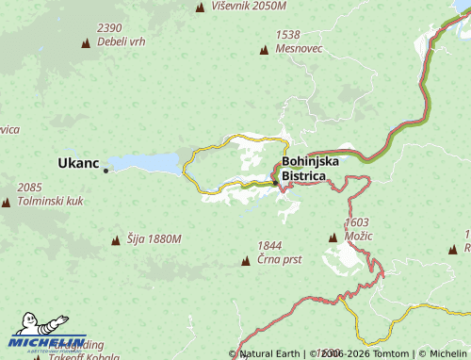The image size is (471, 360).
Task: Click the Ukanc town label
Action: (78, 162)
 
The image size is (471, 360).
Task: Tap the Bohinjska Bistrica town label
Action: (310, 169)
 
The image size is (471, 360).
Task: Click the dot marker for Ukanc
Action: (106, 171)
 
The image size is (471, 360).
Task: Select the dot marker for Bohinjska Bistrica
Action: (275, 183)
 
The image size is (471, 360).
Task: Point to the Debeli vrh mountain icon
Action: (87, 42)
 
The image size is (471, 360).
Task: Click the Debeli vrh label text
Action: (120, 42)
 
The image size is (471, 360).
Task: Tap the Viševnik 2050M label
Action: (249, 7)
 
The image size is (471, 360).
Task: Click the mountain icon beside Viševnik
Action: (200, 8)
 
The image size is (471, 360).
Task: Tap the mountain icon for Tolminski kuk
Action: (7, 202)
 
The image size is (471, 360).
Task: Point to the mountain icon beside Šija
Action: (116, 240)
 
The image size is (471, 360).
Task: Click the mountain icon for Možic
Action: (332, 237)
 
